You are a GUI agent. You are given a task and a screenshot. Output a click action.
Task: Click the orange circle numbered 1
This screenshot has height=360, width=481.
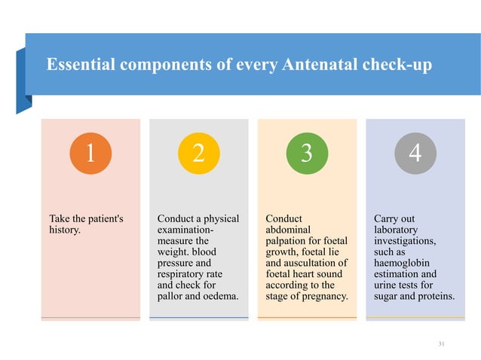coord(90,154)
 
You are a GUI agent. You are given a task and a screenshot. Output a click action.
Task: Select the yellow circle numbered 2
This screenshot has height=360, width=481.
coord(198,154)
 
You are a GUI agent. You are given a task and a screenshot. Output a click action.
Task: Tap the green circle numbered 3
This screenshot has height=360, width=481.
coord(306,154)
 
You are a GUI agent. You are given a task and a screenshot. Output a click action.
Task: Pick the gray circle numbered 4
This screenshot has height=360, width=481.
coord(414,154)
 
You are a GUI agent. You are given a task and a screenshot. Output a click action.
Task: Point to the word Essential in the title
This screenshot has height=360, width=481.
coord(80,66)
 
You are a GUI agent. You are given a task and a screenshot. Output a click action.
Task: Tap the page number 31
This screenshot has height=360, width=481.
coord(443,344)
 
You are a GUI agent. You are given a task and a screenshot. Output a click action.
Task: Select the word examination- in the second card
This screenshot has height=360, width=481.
coord(185,230)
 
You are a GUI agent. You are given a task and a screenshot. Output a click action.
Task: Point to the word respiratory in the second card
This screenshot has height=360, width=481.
coord(185,274)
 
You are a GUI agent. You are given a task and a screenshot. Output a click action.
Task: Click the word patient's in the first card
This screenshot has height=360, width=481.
coord(98,219)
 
